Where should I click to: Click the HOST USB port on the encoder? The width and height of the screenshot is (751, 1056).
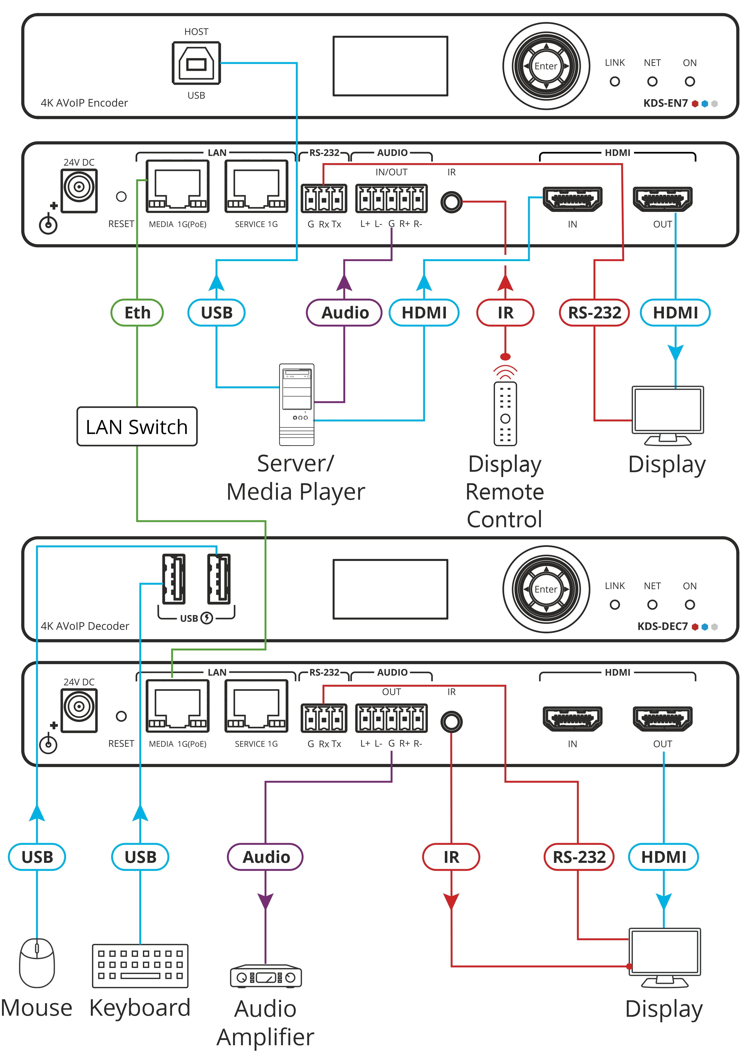pyautogui.click(x=196, y=63)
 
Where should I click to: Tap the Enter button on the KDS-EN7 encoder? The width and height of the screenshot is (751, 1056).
pyautogui.click(x=546, y=66)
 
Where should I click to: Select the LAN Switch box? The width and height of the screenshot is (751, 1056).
pyautogui.click(x=137, y=427)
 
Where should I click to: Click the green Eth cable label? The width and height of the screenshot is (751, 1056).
pyautogui.click(x=137, y=313)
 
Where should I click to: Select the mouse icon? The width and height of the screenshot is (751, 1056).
pyautogui.click(x=37, y=963)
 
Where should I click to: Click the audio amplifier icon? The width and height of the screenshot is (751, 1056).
pyautogui.click(x=266, y=976)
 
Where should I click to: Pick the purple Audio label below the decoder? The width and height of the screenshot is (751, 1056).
pyautogui.click(x=265, y=857)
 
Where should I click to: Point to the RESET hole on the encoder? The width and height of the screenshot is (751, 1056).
pyautogui.click(x=121, y=197)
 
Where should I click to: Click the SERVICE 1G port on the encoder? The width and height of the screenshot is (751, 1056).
pyautogui.click(x=256, y=186)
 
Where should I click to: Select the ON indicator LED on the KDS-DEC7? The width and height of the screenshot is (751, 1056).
pyautogui.click(x=689, y=604)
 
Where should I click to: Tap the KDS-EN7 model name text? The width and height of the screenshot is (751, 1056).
pyautogui.click(x=665, y=103)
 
